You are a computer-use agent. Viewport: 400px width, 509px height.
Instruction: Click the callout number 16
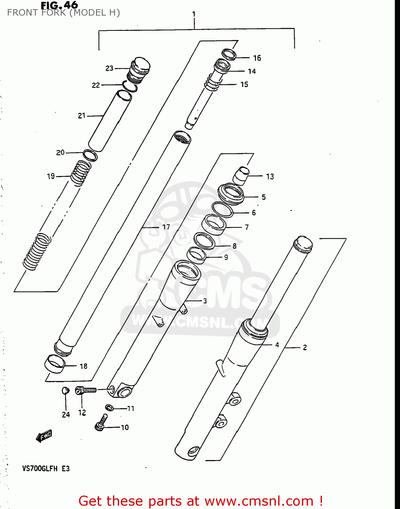point(257,58)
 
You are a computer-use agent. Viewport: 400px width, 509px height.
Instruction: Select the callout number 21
point(82,116)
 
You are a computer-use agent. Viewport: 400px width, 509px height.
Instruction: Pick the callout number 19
point(51,176)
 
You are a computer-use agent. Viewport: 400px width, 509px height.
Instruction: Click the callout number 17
point(166,227)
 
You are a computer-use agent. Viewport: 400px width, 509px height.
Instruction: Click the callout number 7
point(247,227)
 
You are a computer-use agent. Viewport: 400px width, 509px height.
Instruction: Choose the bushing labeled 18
point(55,364)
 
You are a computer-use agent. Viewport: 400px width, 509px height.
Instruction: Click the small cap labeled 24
point(65,391)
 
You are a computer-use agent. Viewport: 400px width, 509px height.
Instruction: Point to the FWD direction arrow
point(44,436)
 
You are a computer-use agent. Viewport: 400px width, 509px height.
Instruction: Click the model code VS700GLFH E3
point(46,469)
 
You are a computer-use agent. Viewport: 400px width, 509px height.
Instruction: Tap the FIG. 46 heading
point(59,5)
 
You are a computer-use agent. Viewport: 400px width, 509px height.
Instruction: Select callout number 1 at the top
point(194,14)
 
